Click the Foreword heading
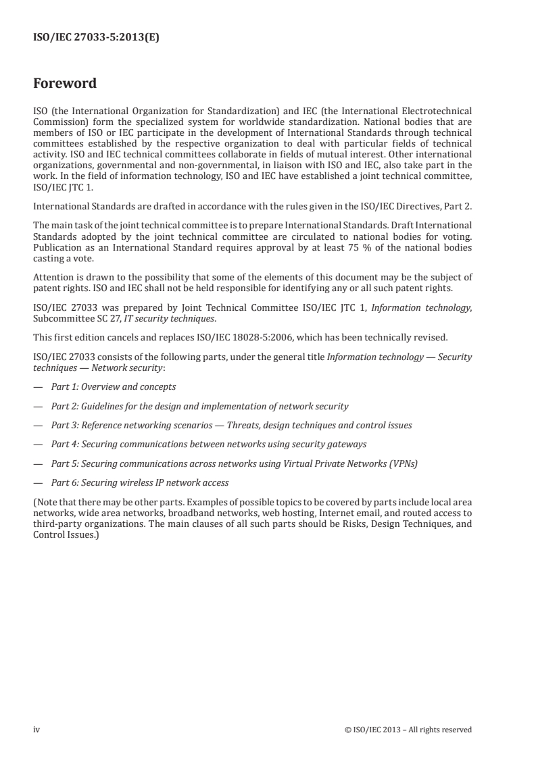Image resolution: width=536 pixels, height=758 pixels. [65, 84]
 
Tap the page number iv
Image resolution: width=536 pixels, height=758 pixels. [36, 729]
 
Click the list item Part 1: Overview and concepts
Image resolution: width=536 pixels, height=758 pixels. [114, 387]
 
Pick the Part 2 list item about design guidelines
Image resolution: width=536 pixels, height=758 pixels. [200, 406]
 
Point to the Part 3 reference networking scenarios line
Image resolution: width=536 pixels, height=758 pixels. [232, 426]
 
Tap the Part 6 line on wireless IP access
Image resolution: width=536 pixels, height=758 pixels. [140, 483]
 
